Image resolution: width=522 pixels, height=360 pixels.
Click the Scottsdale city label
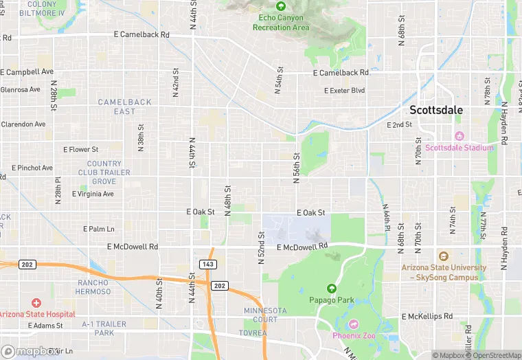click(436, 110)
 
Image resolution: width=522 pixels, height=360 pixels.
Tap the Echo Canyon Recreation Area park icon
click(281, 5)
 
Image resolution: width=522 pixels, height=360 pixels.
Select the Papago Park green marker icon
click(332, 289)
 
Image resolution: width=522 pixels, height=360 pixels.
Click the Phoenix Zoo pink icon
click(354, 324)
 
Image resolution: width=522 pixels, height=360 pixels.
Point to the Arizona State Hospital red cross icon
click(36, 303)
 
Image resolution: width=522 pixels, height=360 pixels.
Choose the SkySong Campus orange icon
click(443, 256)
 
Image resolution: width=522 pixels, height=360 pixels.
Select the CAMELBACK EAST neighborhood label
click(124, 106)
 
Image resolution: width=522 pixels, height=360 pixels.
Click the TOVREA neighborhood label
click(255, 333)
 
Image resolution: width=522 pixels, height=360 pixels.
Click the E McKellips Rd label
click(427, 316)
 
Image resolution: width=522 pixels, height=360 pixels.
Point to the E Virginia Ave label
click(89, 194)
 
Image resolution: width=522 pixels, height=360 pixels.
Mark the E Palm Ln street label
click(99, 229)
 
